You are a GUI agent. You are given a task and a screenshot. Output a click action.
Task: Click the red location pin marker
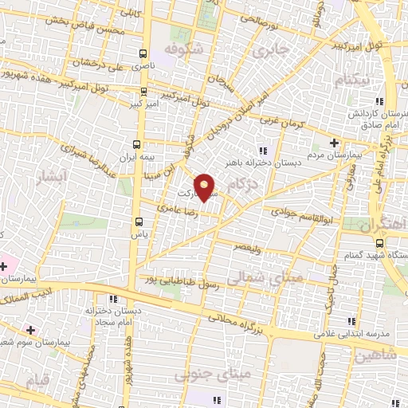coord(205,187)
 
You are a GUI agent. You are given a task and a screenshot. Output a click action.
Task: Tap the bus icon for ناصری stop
coord(143,55)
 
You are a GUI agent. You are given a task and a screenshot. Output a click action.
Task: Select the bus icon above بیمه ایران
coord(137,144)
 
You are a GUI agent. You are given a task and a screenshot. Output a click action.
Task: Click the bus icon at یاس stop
coord(137,224)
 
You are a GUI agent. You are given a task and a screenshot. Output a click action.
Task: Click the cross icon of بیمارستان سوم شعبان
coord(30,329)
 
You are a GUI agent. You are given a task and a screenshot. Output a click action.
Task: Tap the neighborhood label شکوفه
coord(179,49)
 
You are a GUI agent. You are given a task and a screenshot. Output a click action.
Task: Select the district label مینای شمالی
coord(251,277)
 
